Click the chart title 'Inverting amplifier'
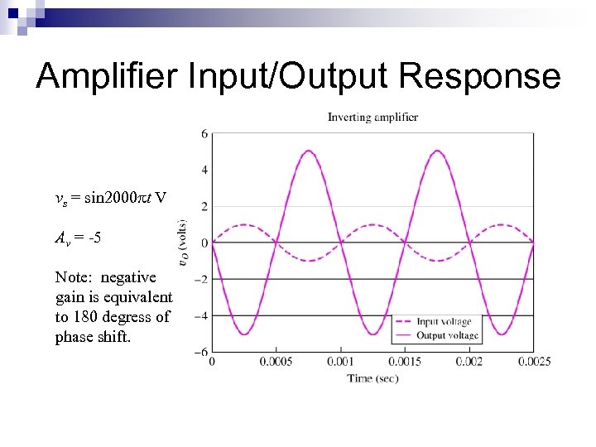tap(372, 117)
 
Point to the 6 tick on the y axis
tap(204, 133)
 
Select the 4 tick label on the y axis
tap(204, 170)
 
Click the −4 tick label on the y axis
tap(201, 315)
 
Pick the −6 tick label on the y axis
tap(201, 352)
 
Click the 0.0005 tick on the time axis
tap(276, 362)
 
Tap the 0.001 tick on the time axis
tap(340, 362)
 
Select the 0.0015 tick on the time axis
tap(404, 362)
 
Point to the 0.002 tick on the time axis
tap(469, 362)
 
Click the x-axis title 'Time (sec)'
tap(372, 378)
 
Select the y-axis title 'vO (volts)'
tap(182, 243)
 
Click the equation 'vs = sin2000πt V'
tap(110, 198)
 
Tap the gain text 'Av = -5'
tap(79, 238)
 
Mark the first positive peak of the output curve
tap(308, 151)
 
